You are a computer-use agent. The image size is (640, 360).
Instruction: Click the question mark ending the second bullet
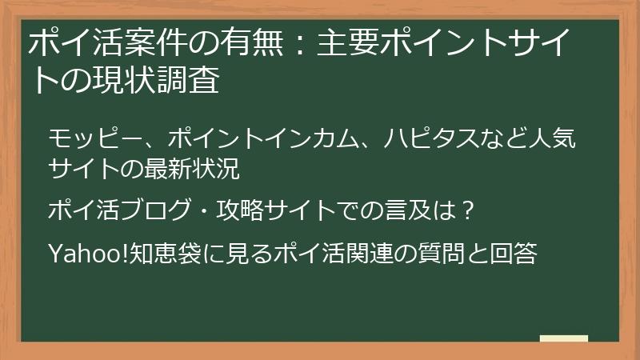470,211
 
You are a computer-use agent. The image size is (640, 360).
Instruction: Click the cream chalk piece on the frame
564,338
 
